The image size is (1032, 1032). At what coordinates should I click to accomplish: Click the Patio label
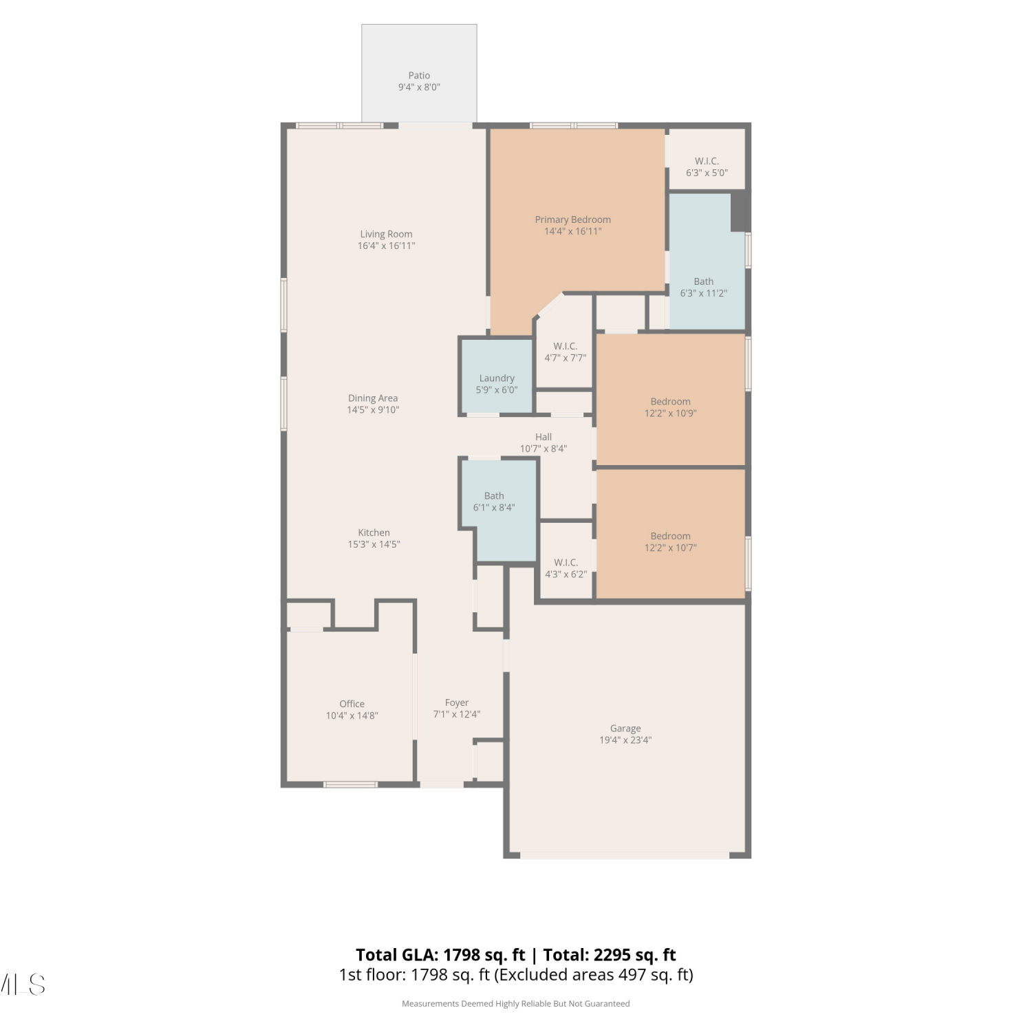(x=419, y=76)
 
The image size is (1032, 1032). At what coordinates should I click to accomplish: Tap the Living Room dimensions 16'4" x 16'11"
(x=386, y=246)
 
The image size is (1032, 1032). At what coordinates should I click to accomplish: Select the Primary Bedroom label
(x=573, y=219)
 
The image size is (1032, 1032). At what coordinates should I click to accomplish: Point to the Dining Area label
(x=373, y=398)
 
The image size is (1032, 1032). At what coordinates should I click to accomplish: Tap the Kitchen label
(x=374, y=533)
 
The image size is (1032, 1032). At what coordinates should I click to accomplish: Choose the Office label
(x=352, y=704)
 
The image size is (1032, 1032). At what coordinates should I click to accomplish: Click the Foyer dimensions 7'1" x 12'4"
(x=457, y=714)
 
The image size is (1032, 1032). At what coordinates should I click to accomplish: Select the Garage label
(x=625, y=728)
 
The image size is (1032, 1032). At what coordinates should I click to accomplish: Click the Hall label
(x=544, y=437)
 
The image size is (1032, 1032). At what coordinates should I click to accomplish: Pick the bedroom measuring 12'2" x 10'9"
(x=671, y=400)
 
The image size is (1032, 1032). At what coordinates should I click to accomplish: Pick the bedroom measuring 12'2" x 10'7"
(x=671, y=534)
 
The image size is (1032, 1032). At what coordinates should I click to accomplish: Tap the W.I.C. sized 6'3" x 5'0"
(x=707, y=159)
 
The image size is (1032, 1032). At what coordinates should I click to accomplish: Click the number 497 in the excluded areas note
(x=632, y=975)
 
